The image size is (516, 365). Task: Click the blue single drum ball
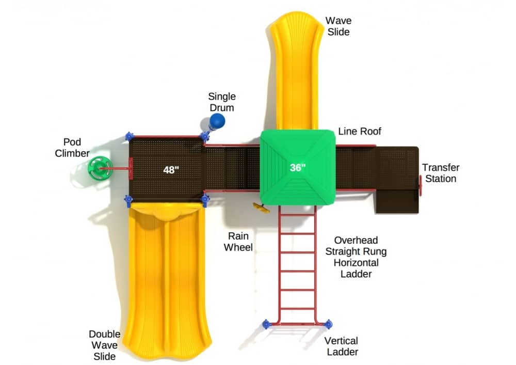coord(218,121)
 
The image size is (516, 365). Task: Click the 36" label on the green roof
coord(297,167)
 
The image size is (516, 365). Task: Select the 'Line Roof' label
coord(360,131)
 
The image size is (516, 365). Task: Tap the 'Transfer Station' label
coord(440,173)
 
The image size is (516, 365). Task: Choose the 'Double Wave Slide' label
coord(104,345)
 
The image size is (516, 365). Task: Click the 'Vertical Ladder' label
coord(341,346)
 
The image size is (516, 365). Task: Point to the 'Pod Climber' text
coord(72,147)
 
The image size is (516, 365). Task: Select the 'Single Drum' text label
coord(222,102)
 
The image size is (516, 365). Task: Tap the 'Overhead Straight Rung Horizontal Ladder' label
coord(356,257)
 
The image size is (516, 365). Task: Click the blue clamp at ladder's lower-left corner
coord(266,324)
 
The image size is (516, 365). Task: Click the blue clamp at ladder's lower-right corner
coord(328,324)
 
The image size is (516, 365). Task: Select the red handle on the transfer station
coord(421,185)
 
